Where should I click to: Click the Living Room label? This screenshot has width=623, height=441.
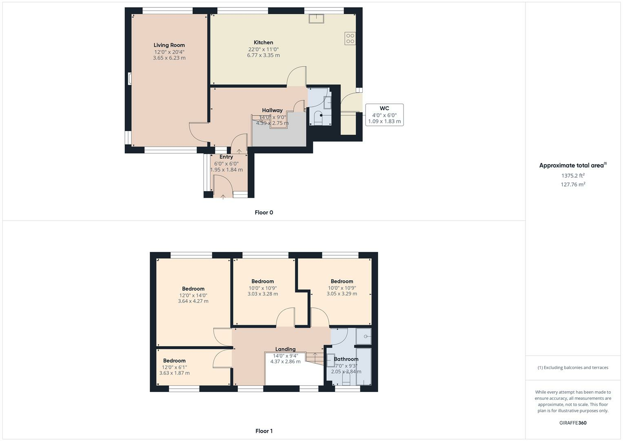pos(169,45)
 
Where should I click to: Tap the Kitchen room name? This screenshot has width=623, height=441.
pos(264,42)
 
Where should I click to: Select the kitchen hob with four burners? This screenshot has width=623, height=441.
pos(350,38)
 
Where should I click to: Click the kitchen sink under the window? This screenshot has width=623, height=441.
pos(317,18)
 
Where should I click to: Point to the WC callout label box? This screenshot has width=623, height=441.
pos(384,115)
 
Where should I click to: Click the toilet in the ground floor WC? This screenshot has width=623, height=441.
pos(318,118)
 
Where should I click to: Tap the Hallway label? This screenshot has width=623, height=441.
pos(272,110)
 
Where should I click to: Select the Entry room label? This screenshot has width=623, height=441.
pos(226,157)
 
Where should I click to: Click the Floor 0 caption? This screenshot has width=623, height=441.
pos(264,212)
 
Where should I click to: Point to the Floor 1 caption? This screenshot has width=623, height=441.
pos(264,431)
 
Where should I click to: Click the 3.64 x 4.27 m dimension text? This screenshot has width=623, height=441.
pos(193,301)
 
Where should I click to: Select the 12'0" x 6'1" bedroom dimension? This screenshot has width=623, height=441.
pos(174,367)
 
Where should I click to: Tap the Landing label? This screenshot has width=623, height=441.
pos(285,349)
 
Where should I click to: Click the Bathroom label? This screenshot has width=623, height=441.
pos(346,359)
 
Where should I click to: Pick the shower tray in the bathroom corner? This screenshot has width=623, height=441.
pos(364,336)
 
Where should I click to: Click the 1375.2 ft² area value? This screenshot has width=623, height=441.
pos(573,176)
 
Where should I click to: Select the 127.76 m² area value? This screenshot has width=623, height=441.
pos(573,184)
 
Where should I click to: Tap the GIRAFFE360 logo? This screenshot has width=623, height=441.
pos(573,423)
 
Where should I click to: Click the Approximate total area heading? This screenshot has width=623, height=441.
pos(573,165)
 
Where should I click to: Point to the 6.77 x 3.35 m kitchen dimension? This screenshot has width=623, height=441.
pos(264,55)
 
